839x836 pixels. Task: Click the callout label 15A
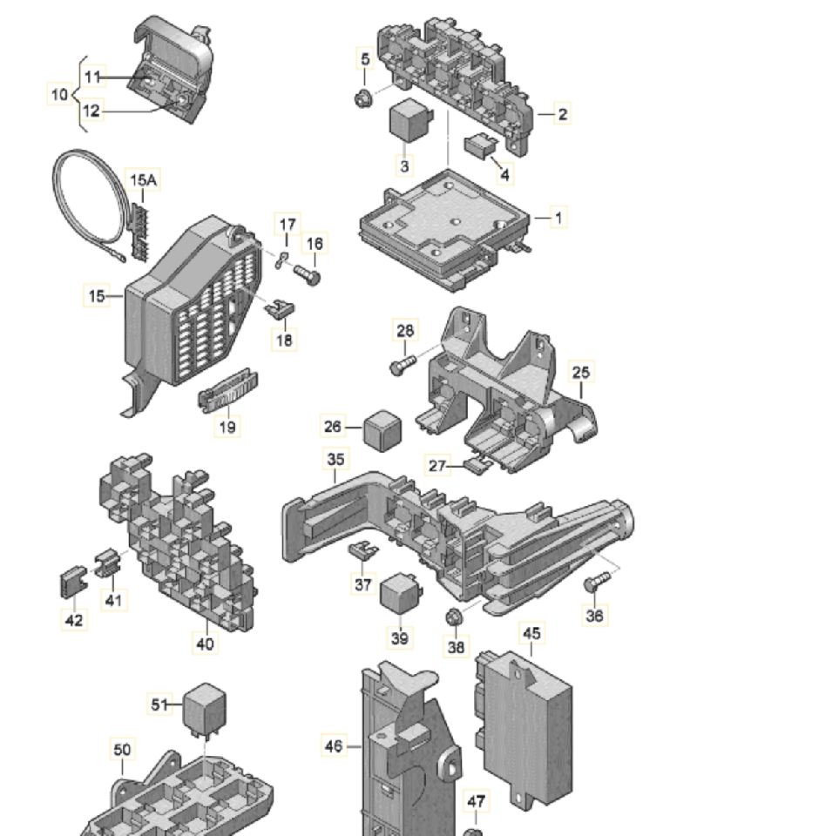click(x=144, y=180)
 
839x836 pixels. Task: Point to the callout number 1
click(x=558, y=217)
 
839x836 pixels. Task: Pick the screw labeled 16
click(x=308, y=275)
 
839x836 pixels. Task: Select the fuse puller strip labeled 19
click(x=228, y=394)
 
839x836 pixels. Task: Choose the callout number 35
click(x=335, y=459)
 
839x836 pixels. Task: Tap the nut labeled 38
click(x=453, y=618)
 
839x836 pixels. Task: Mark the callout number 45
click(x=531, y=633)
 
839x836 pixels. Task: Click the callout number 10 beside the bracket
click(x=59, y=93)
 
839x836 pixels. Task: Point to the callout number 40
click(x=205, y=644)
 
